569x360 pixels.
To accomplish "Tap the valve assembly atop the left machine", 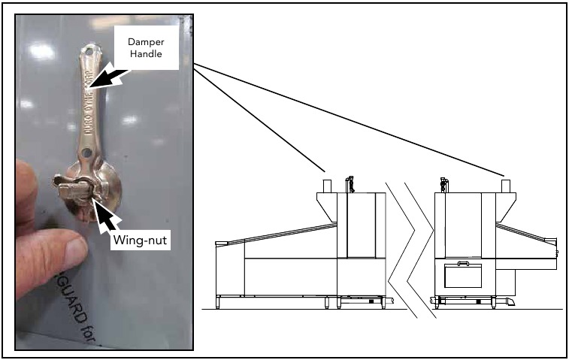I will click(350, 184).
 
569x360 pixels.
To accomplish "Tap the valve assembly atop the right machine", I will click(443, 184).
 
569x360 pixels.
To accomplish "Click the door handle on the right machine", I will click(462, 264).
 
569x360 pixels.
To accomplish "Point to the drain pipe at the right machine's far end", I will click(507, 301).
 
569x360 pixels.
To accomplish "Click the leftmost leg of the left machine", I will click(219, 302).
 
